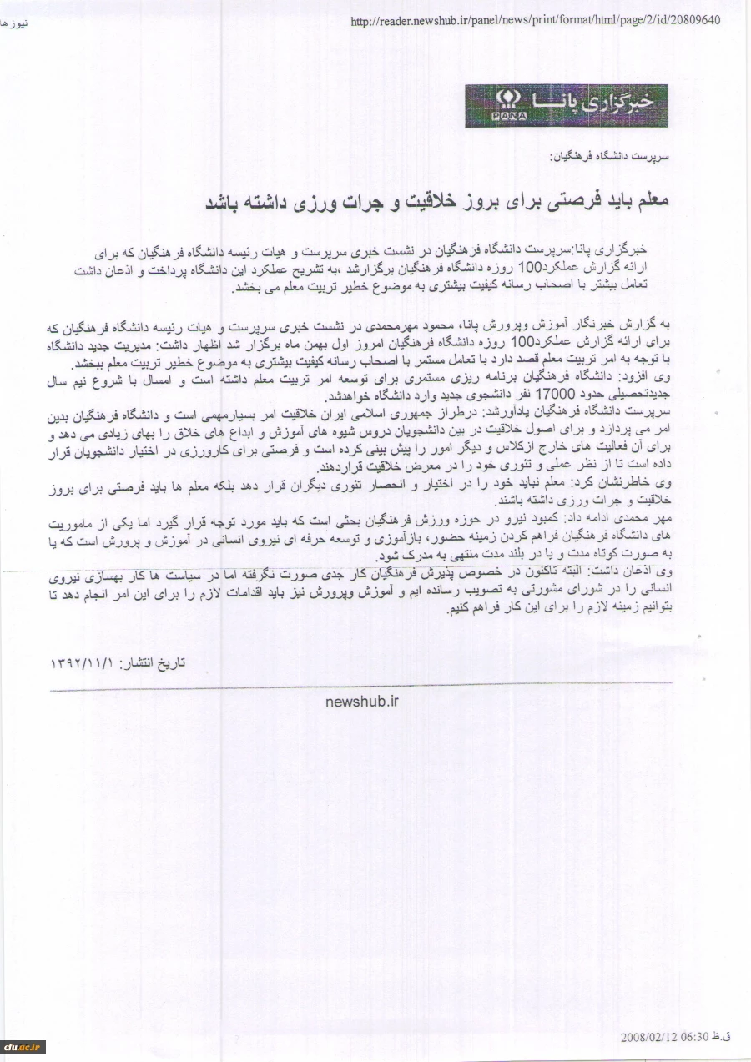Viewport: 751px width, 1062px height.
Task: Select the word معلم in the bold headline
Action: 654,201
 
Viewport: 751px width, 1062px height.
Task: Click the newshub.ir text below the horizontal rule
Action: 362,702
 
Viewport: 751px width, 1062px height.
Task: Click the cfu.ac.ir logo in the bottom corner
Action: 23,1047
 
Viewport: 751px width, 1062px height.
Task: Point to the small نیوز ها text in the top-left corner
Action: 14,23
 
